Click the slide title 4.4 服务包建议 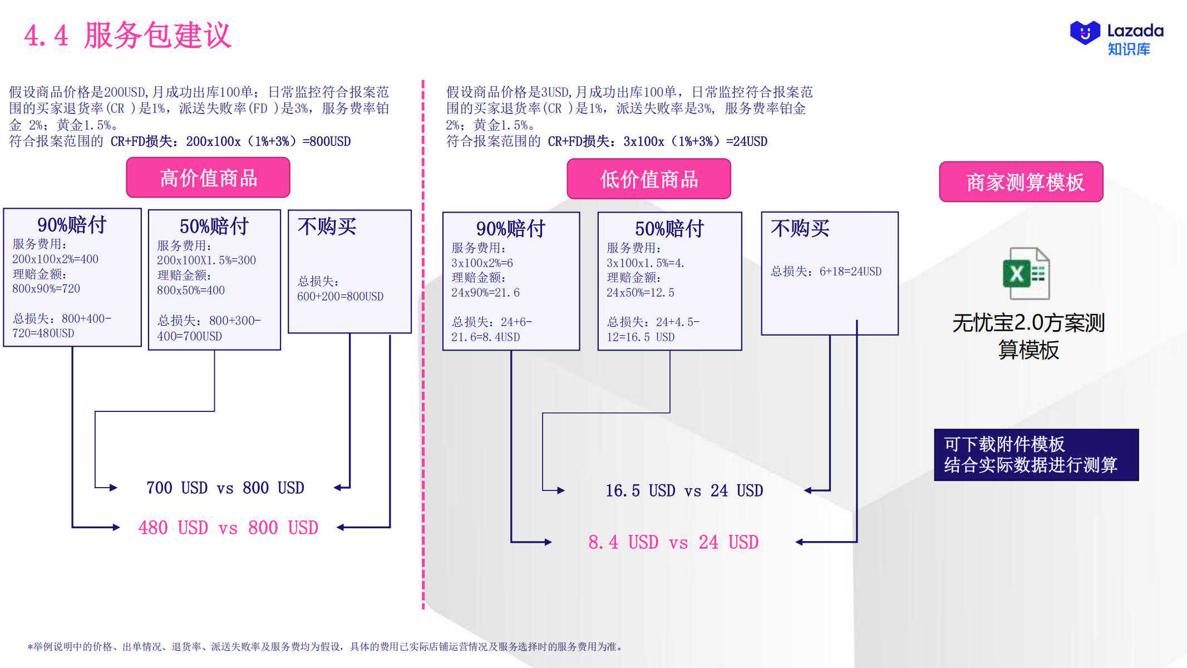click(127, 36)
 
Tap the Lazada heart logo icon click(1085, 33)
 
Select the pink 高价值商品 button click(208, 178)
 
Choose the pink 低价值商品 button click(649, 179)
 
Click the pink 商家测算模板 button click(1021, 181)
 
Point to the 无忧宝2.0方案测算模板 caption click(1028, 336)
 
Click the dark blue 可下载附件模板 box click(1036, 455)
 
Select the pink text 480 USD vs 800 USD click(228, 527)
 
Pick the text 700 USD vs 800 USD click(225, 488)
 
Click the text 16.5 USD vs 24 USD click(684, 490)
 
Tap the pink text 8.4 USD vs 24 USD click(673, 542)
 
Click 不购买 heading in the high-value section click(327, 227)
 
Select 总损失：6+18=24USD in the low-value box click(826, 271)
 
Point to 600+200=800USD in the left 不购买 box click(340, 296)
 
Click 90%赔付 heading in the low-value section click(510, 229)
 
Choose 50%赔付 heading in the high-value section click(214, 227)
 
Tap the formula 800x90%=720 click(46, 288)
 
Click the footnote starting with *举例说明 click(325, 646)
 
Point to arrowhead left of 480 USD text click(116, 527)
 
